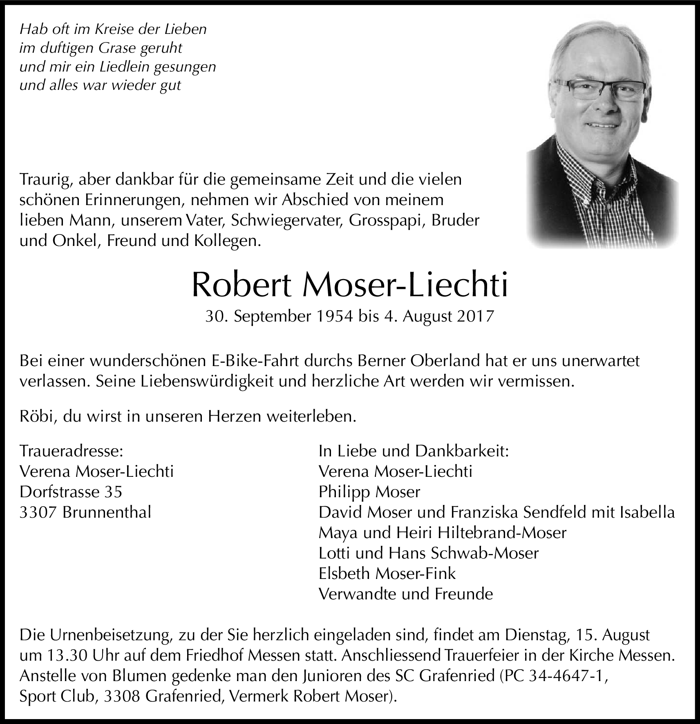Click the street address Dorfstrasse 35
[x=71, y=492]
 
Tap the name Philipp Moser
[x=369, y=492]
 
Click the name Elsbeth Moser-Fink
[x=387, y=573]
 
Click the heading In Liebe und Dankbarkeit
[x=413, y=451]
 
